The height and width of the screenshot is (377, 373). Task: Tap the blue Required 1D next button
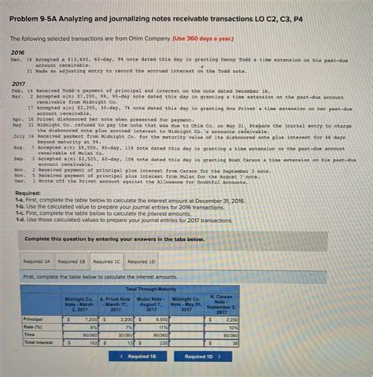point(203,356)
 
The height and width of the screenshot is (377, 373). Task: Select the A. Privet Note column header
point(116,304)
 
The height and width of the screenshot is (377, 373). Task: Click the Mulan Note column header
point(153,304)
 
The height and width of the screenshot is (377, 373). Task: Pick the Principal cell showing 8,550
point(155,320)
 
